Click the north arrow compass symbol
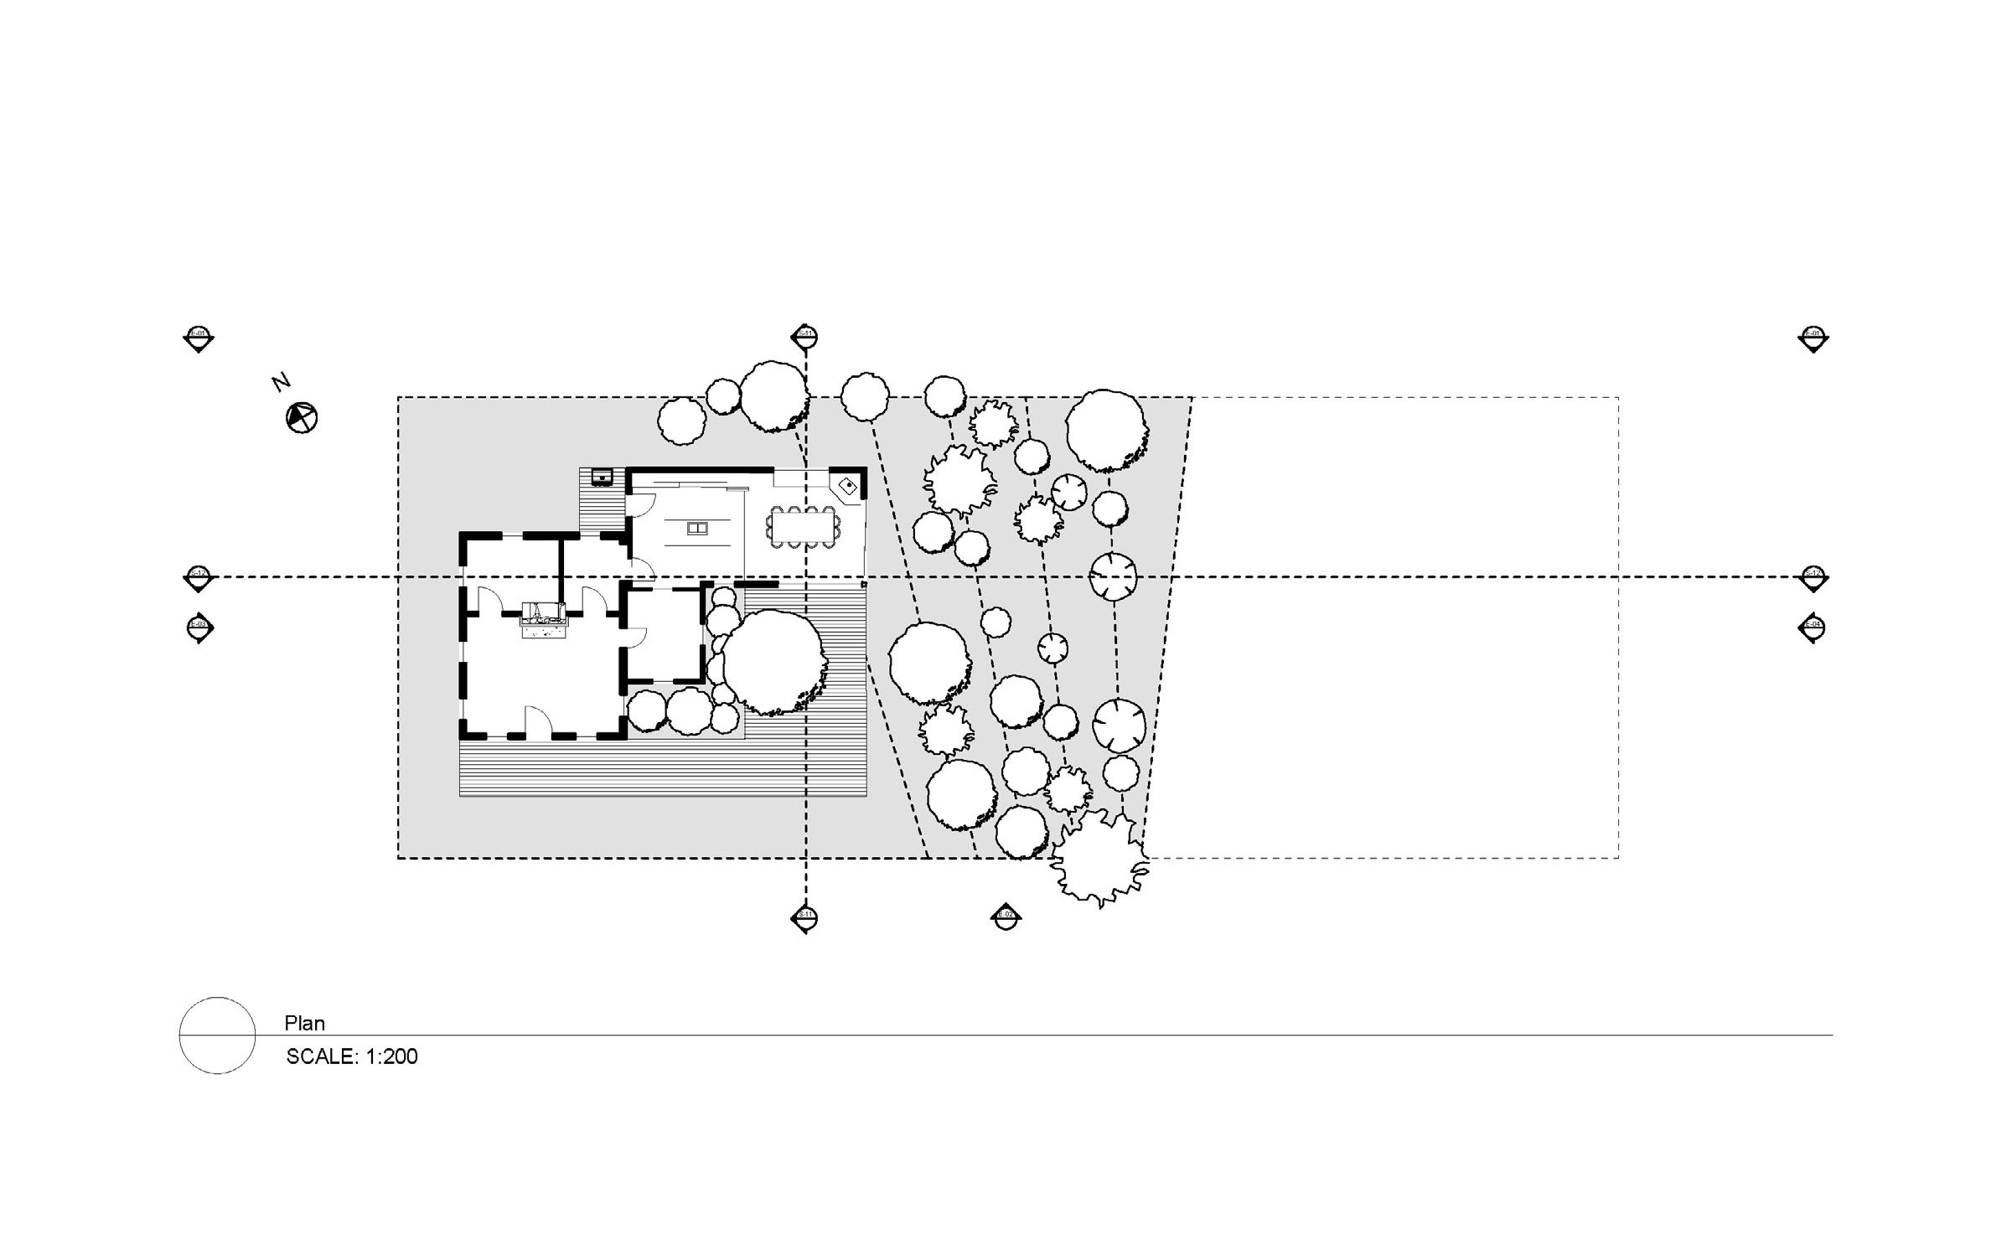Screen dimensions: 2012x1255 pos(302,417)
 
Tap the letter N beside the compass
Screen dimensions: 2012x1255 pos(281,382)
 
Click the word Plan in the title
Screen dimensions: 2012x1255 pos(304,1023)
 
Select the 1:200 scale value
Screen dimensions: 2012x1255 pos(391,1056)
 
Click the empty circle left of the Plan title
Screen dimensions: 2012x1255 pos(217,1036)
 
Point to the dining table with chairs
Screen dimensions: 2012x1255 pos(802,527)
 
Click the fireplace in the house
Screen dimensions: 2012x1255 pos(544,620)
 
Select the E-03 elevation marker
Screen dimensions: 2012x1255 pos(199,627)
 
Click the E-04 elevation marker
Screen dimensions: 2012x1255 pos(1813,627)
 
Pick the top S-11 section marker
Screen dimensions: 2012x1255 pos(804,337)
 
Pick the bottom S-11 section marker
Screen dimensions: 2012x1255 pos(804,918)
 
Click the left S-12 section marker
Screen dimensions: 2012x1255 pos(198,577)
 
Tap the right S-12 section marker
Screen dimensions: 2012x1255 pos(1813,577)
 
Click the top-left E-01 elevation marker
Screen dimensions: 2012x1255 pos(199,338)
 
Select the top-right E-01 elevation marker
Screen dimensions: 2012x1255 pos(1813,338)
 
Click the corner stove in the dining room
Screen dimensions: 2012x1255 pos(847,486)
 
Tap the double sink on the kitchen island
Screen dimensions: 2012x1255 pos(696,528)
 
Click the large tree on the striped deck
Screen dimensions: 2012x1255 pos(773,661)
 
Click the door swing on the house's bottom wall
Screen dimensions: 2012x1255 pos(536,720)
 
